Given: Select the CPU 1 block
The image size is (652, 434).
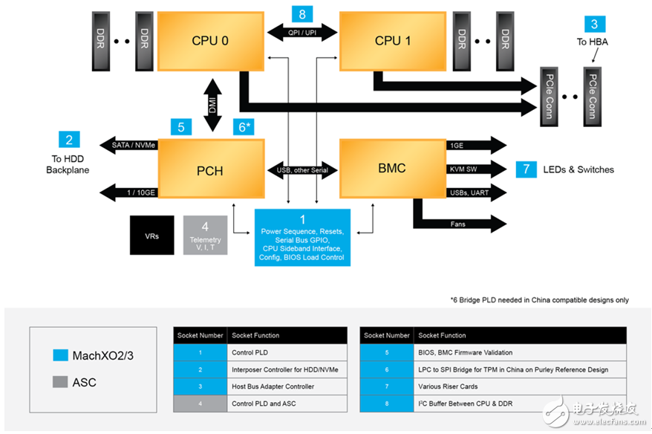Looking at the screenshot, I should (x=388, y=40).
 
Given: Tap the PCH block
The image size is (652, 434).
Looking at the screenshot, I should (x=212, y=170).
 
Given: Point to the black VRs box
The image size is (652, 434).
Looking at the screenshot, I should (x=151, y=235).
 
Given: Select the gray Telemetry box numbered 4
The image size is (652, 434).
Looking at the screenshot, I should (x=205, y=235).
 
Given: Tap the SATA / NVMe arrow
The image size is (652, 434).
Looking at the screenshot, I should (x=130, y=146).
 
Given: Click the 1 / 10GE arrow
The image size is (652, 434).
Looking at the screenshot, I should (x=130, y=192).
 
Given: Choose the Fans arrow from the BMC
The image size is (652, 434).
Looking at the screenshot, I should (x=460, y=223).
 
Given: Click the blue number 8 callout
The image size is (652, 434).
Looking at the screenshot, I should (x=301, y=14).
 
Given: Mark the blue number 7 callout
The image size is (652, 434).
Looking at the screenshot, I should (x=526, y=169).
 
